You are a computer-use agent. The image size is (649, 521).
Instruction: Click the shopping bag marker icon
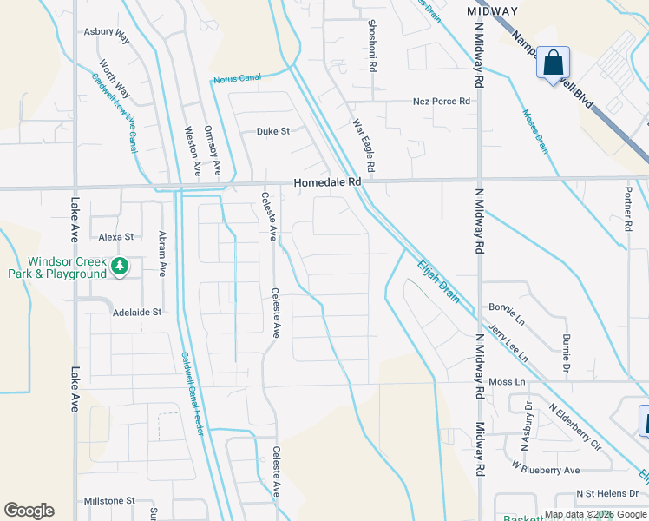553,63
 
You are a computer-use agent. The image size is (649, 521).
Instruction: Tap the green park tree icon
121,266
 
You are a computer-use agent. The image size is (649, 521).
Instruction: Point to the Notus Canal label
237,78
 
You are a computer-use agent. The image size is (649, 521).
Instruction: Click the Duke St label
272,132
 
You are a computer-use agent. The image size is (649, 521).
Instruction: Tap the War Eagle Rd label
363,144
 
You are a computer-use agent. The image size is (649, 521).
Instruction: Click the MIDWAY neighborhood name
492,11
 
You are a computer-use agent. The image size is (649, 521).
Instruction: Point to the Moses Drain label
535,129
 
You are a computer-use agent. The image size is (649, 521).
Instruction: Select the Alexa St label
115,236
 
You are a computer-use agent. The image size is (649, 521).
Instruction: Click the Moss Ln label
508,382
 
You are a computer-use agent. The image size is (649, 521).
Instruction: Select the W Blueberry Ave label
545,470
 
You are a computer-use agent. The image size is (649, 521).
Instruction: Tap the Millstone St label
109,501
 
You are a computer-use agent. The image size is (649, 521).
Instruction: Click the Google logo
29,511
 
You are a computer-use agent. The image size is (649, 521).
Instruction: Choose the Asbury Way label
106,32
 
